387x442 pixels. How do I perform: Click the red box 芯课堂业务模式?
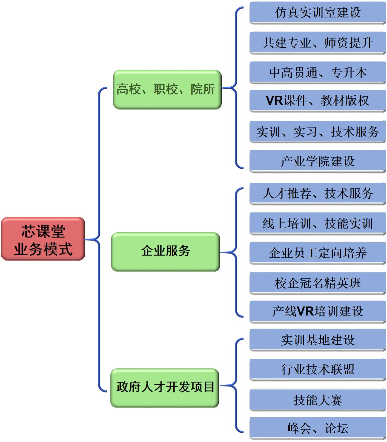point(43,239)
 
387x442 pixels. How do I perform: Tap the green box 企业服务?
point(166,251)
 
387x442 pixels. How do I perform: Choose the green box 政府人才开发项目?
point(165,387)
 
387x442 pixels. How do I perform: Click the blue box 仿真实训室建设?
point(317,13)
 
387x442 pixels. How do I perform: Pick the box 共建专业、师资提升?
point(317,43)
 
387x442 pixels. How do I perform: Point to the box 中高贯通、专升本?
point(317,73)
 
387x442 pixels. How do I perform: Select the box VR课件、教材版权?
point(317,101)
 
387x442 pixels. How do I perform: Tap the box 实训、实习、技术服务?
point(317,131)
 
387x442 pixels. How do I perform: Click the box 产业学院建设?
point(317,161)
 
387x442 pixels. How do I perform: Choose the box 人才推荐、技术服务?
point(317,193)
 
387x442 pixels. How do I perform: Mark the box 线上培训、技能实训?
point(317,224)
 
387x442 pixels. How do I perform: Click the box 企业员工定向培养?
point(317,253)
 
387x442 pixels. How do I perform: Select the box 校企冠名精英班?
point(317,283)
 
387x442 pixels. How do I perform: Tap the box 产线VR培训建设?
point(317,312)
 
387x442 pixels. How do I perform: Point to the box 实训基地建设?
point(317,340)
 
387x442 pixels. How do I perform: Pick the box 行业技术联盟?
point(317,369)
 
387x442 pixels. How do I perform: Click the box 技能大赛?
point(317,400)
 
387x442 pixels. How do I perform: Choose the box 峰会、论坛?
point(317,428)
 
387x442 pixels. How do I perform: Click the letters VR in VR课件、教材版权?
point(274,101)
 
